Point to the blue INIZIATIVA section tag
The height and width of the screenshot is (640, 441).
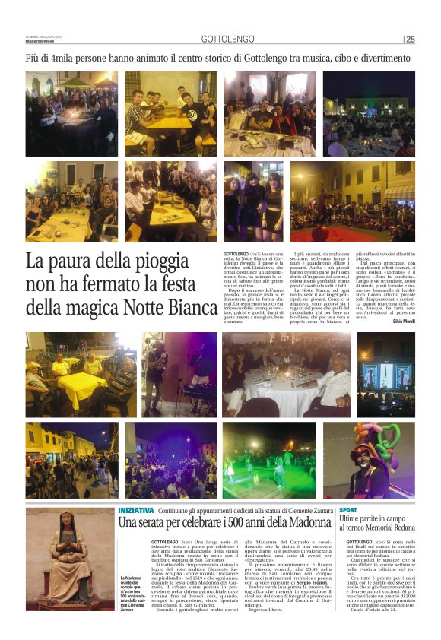pos(136,510)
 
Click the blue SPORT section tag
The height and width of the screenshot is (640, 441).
pos(348,509)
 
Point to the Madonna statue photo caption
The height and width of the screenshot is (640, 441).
pos(129,593)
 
